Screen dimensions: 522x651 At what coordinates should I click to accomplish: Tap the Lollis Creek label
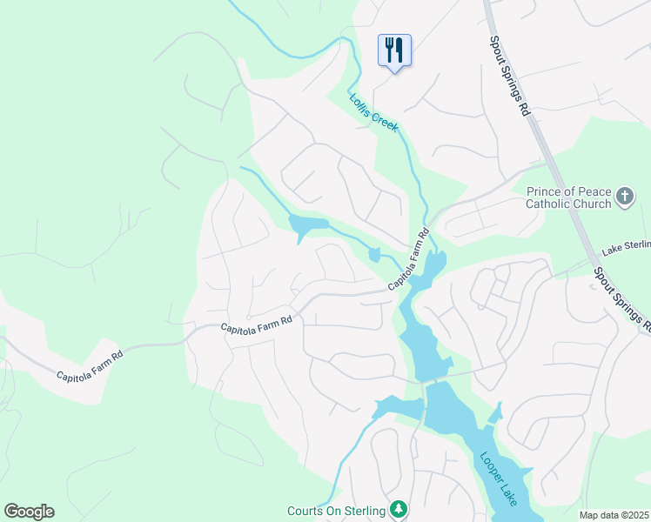pyautogui.click(x=374, y=113)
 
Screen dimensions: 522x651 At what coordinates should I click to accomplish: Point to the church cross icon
pyautogui.click(x=625, y=197)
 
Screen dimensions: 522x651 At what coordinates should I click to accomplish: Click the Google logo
pyautogui.click(x=29, y=512)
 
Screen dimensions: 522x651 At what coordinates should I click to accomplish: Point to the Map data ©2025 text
pyautogui.click(x=614, y=515)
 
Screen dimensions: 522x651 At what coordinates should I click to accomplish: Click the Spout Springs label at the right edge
pyautogui.click(x=621, y=299)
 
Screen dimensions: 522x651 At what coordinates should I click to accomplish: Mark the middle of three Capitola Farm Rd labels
pyautogui.click(x=256, y=325)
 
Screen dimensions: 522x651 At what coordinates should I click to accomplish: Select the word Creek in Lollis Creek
pyautogui.click(x=386, y=123)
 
